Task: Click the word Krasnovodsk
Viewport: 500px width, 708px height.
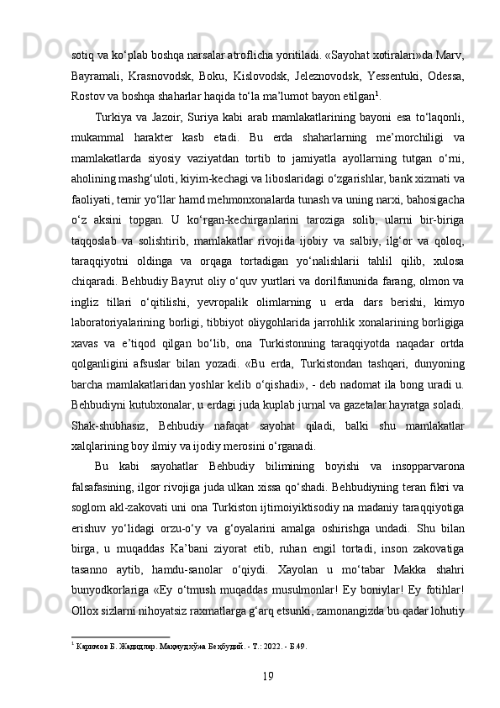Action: coord(159,77)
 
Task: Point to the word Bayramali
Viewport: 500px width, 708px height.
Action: coord(96,77)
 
